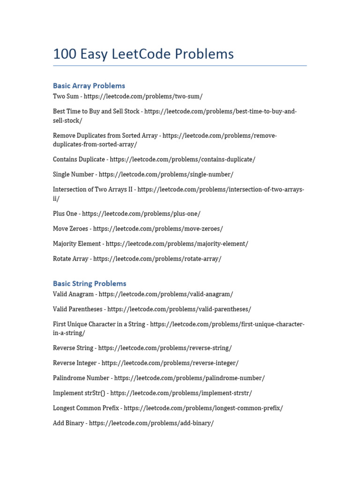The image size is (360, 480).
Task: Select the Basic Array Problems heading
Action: tap(89, 86)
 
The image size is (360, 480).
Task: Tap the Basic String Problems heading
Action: tap(90, 284)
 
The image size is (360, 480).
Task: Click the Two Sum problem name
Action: tap(66, 96)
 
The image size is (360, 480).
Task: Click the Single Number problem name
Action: tap(74, 174)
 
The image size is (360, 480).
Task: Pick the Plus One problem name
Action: tap(65, 214)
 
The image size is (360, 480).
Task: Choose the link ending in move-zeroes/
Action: tap(158, 229)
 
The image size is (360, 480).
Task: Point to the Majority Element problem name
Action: tap(77, 244)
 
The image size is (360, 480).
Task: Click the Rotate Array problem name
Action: tap(71, 259)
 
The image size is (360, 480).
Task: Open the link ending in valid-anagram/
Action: tap(166, 294)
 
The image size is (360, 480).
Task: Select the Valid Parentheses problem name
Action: tap(78, 309)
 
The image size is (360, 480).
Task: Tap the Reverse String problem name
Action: tap(73, 348)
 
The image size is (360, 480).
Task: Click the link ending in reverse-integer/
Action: tap(170, 363)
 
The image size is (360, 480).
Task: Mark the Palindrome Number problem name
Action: tap(81, 378)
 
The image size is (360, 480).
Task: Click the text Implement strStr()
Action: tap(79, 393)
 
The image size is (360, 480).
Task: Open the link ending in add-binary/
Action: tap(151, 423)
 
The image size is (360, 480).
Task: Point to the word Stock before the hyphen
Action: tap(130, 112)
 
